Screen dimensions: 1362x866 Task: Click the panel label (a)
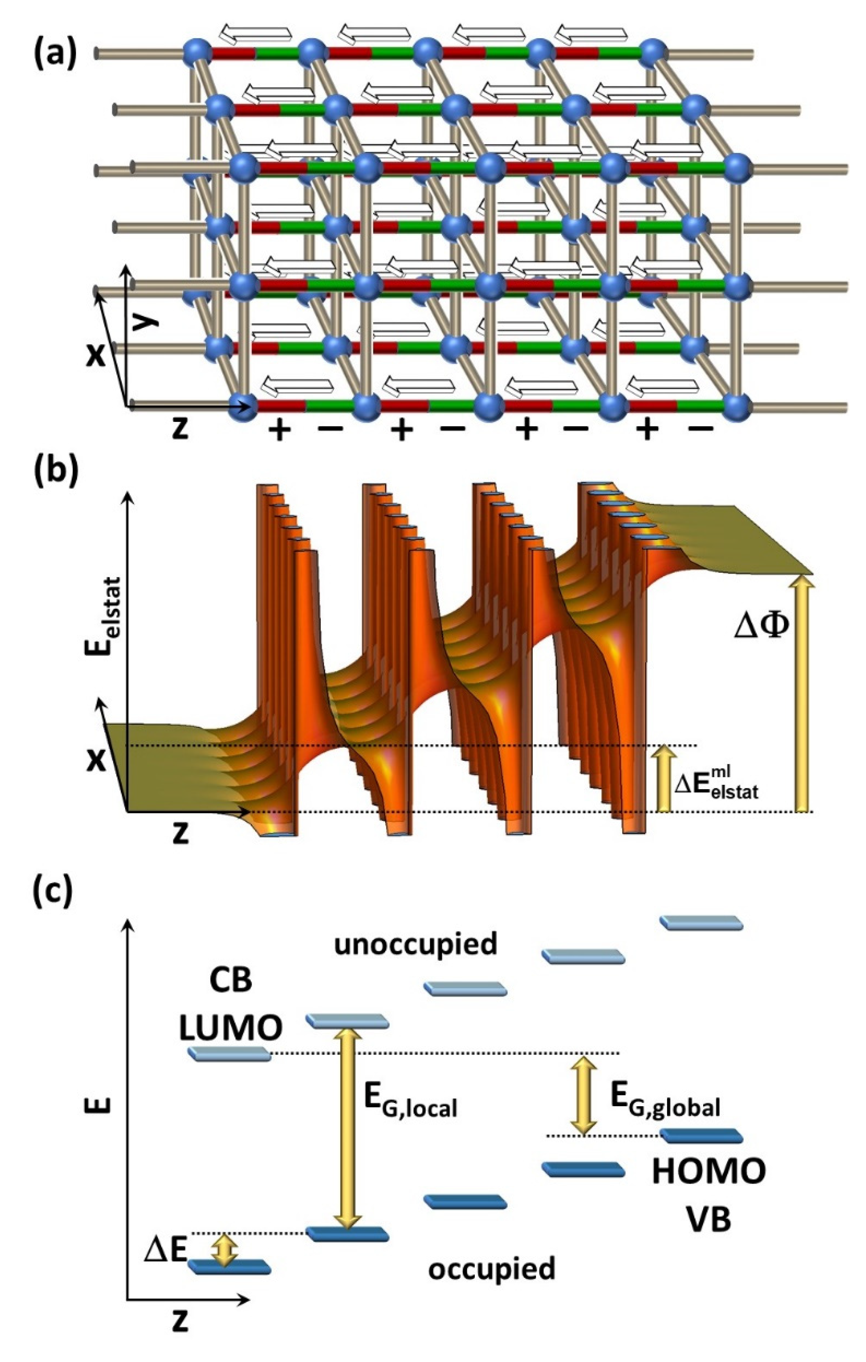tap(54, 54)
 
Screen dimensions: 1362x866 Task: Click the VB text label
tap(709, 1219)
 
